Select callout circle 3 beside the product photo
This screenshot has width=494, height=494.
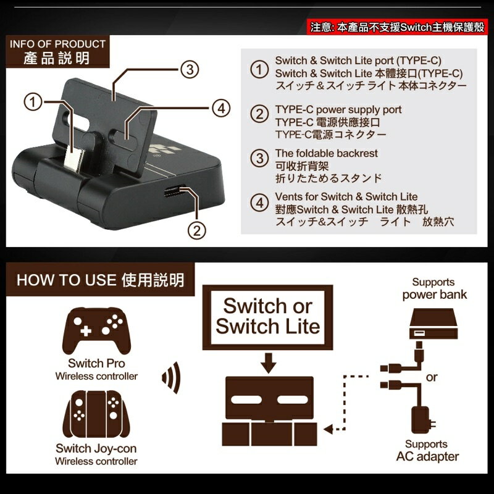point(190,69)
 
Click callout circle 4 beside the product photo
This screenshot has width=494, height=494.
point(220,108)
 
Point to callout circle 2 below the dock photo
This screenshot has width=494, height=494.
point(196,230)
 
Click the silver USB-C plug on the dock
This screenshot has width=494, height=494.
point(73,153)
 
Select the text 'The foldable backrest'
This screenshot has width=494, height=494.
point(326,153)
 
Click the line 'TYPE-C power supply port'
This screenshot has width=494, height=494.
point(338,109)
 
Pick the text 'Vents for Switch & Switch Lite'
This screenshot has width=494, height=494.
point(346,196)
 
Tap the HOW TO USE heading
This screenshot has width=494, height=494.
point(100,280)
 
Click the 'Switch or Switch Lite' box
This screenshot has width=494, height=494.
point(267,316)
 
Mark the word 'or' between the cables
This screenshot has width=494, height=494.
point(432,377)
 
